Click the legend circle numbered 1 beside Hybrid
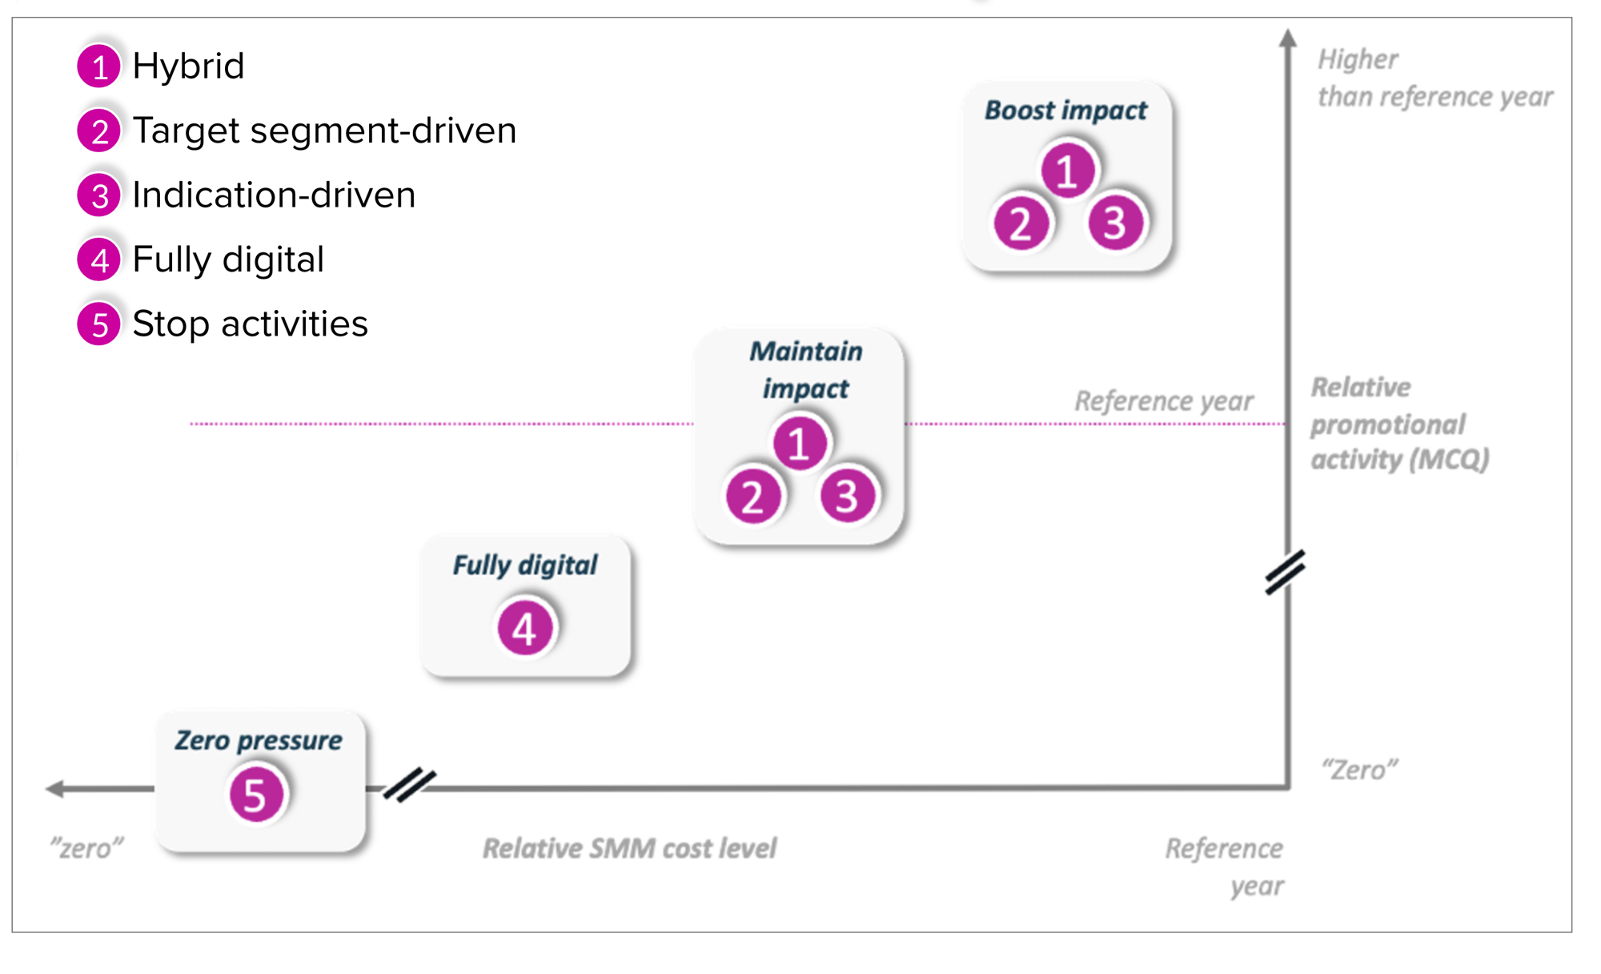[x=99, y=66]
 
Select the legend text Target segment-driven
[x=324, y=131]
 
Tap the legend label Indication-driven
[x=274, y=195]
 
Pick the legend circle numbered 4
[x=99, y=260]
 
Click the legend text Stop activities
[x=250, y=324]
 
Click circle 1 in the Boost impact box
[x=1067, y=171]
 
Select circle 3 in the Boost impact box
[x=1115, y=223]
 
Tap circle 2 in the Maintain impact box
[x=752, y=497]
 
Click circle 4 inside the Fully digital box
[x=525, y=629]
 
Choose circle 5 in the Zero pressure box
[x=255, y=795]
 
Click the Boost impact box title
[x=1065, y=111]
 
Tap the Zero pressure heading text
[x=259, y=741]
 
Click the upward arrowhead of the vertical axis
[x=1287, y=38]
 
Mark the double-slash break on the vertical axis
[x=1286, y=572]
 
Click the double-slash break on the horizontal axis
[x=409, y=785]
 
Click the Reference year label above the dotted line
[x=1163, y=401]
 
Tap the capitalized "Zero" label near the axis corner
[x=1359, y=771]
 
